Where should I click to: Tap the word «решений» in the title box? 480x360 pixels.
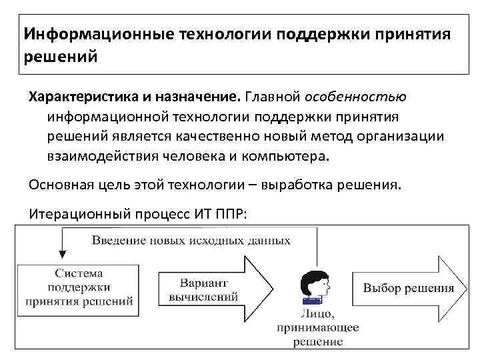point(61,56)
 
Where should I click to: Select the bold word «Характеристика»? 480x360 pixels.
point(81,98)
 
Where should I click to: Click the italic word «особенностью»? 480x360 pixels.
point(356,98)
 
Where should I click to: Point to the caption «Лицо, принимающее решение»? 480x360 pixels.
point(318,327)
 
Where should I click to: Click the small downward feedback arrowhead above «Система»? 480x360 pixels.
point(62,254)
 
